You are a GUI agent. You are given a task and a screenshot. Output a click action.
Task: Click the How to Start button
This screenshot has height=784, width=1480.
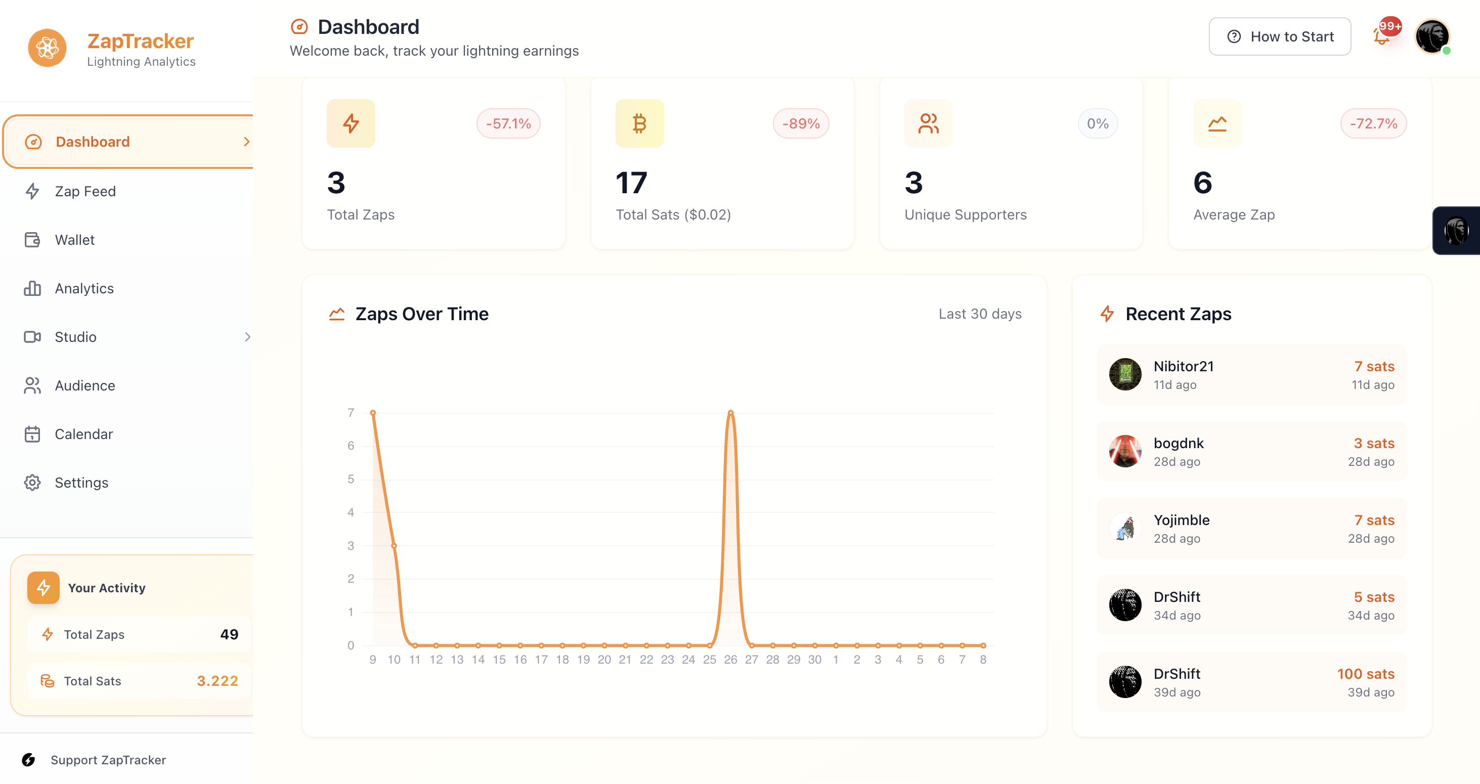point(1280,37)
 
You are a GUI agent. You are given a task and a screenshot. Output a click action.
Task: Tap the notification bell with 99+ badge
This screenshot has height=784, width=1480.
point(1382,37)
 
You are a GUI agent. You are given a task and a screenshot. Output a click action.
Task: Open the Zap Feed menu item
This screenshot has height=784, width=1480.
point(85,191)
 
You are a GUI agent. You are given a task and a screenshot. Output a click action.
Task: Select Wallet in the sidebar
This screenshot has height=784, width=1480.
point(75,240)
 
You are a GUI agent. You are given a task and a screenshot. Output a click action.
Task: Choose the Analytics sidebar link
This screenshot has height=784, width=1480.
point(84,288)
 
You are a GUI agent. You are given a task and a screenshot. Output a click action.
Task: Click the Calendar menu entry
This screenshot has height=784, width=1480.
point(83,434)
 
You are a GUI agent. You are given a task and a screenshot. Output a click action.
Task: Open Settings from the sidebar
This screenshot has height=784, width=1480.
point(81,483)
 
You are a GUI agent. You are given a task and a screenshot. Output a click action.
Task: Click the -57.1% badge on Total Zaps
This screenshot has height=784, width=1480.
point(508,123)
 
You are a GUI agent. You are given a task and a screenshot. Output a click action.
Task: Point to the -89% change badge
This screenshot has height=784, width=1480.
point(800,123)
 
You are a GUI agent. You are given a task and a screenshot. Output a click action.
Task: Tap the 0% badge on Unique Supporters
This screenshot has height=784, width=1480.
point(1098,123)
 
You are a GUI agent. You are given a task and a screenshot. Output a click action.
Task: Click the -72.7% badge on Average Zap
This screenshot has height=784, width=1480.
point(1373,123)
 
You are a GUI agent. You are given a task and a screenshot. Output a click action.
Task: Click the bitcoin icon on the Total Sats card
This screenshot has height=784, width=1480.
point(639,123)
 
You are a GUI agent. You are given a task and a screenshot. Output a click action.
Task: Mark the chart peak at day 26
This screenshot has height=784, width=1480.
point(730,412)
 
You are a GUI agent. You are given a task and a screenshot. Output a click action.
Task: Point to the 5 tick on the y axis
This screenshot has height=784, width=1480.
point(351,479)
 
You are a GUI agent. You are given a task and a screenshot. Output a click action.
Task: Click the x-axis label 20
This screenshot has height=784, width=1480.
point(604,660)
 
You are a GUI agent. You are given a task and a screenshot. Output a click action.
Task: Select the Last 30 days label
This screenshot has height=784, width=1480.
point(980,314)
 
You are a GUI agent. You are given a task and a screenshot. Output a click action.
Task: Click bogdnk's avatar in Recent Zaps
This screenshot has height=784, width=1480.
point(1125,452)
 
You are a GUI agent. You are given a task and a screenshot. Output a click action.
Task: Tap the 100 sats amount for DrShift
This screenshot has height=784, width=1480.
point(1365,674)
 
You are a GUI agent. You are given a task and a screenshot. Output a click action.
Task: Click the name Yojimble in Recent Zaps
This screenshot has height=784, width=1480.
point(1181,520)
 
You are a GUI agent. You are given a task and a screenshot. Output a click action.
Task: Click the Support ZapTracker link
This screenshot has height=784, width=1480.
point(108,760)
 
